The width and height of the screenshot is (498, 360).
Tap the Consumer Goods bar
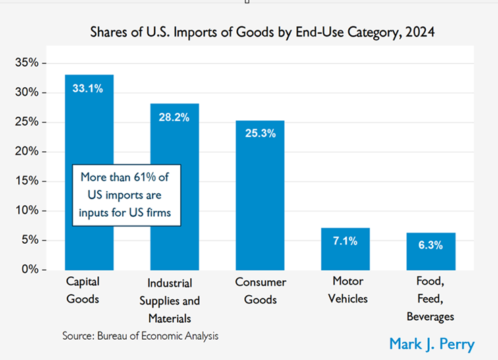pyautogui.click(x=260, y=203)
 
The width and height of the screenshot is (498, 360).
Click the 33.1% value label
pyautogui.click(x=88, y=88)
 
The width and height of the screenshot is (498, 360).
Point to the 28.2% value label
pyautogui.click(x=174, y=117)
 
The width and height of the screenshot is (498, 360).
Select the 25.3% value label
pyautogui.click(x=260, y=133)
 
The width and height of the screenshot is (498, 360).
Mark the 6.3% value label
pyautogui.click(x=431, y=245)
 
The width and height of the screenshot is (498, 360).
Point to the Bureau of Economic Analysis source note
pyautogui.click(x=140, y=335)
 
